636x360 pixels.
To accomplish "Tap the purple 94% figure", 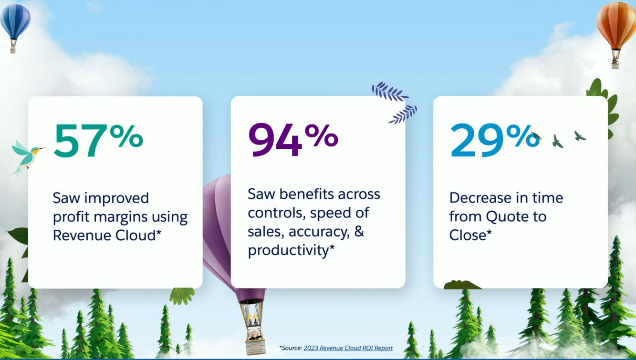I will pyautogui.click(x=292, y=139).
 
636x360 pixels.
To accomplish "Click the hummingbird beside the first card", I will pyautogui.click(x=27, y=156).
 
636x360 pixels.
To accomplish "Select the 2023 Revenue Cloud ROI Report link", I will pyautogui.click(x=348, y=348).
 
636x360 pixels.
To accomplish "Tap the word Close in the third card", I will pyautogui.click(x=468, y=235).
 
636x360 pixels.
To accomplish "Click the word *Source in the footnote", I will pyautogui.click(x=290, y=348).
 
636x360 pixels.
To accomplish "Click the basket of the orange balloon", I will pyautogui.click(x=615, y=61).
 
